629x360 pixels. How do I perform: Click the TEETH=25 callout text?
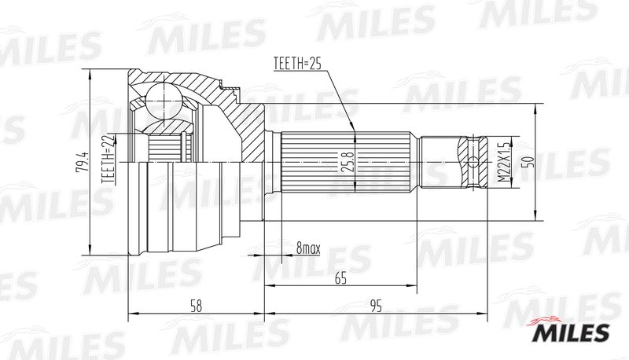point(297,64)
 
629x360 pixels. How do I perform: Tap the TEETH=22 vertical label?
point(109,159)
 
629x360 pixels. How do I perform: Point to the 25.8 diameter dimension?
point(348,162)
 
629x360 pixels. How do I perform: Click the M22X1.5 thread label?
point(503,162)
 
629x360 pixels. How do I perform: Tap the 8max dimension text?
point(308,248)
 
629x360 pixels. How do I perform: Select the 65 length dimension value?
point(340,277)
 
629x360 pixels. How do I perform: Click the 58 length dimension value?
point(196,307)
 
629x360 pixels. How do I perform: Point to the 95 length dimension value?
point(376,307)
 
